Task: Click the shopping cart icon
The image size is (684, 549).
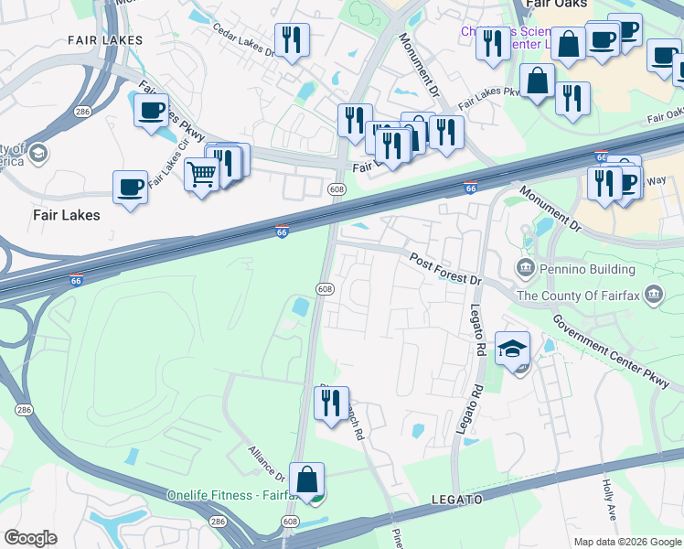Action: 200,173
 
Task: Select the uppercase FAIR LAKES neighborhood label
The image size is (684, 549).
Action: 106,40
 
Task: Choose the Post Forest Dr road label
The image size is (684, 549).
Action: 445,269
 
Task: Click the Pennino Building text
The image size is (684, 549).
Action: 589,269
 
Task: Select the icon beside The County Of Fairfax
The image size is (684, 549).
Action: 655,295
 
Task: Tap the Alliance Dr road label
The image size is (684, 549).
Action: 268,463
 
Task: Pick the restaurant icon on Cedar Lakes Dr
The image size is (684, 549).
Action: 292,39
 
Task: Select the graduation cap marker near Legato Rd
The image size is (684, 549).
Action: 513,348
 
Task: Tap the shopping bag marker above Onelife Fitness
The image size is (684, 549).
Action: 306,478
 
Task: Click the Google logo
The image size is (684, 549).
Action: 31,538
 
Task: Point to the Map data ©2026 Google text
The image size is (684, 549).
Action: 626,542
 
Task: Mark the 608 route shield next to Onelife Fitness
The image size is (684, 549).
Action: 290,522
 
